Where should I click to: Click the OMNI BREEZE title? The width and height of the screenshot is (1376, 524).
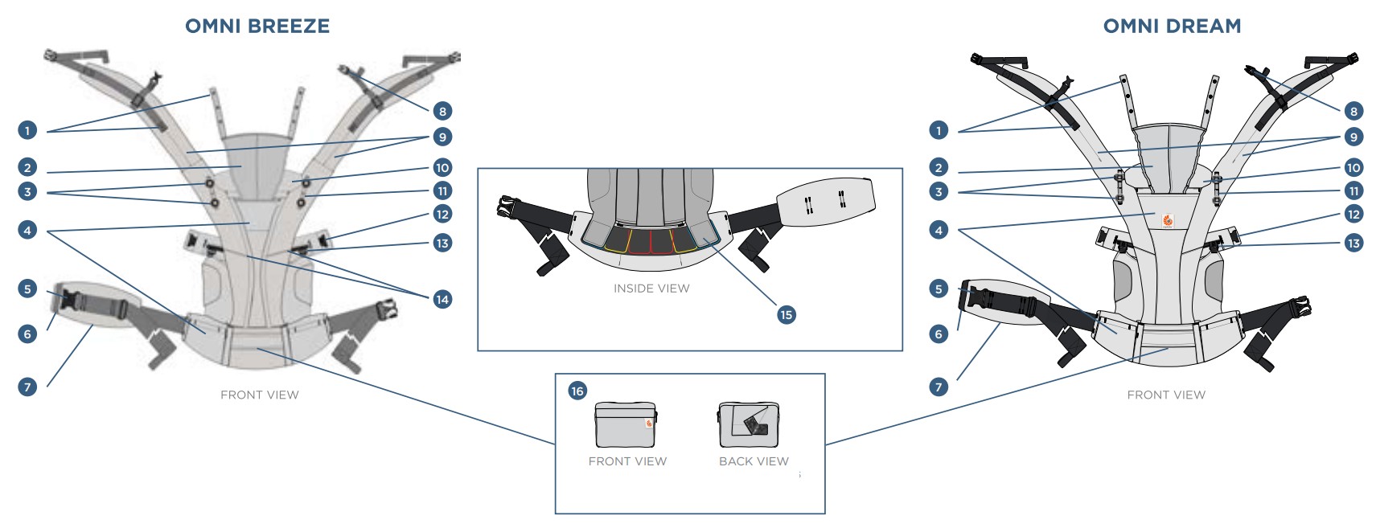[257, 26]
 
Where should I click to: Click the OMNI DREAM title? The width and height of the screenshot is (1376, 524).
[1172, 26]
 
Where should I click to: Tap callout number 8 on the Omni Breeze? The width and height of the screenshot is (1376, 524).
[442, 111]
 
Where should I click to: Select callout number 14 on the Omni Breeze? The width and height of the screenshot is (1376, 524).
[442, 299]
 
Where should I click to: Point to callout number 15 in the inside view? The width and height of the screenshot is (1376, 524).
[786, 314]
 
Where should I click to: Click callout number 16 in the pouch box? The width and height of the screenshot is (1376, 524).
[577, 391]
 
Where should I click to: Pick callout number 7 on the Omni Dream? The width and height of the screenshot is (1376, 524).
[939, 387]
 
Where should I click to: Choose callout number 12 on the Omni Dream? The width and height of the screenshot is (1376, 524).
[1353, 214]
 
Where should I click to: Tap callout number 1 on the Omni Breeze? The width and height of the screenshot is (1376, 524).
[27, 130]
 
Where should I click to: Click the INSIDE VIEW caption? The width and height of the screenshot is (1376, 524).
[651, 288]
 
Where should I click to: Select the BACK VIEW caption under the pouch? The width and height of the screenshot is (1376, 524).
[754, 461]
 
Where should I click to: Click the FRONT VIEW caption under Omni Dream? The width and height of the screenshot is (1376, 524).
[1166, 395]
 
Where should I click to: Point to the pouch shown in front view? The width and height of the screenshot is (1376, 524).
[626, 424]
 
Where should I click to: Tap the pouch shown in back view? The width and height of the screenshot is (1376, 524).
[748, 424]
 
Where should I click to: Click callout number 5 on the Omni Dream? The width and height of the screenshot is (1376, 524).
[939, 289]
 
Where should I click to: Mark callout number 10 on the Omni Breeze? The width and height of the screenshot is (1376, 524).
[442, 167]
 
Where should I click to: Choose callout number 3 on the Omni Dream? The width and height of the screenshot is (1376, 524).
[939, 191]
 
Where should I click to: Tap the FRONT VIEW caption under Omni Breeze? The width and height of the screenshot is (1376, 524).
[259, 395]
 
